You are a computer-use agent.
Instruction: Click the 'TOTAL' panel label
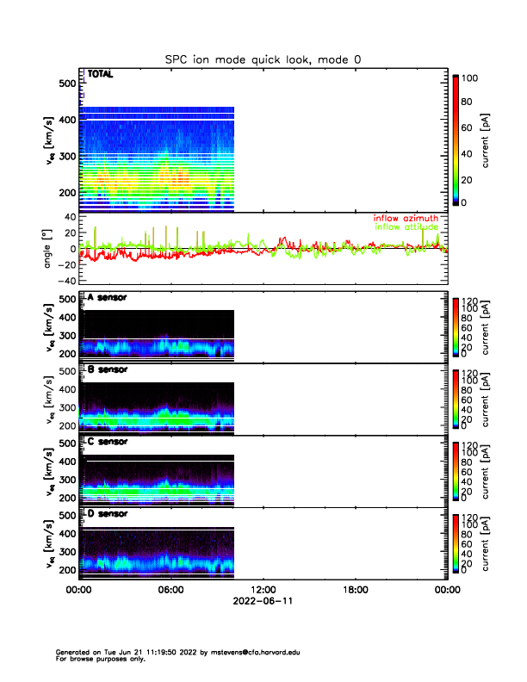point(101,76)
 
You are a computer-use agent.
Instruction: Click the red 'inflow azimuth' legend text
point(406,218)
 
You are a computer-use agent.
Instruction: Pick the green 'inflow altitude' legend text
point(406,227)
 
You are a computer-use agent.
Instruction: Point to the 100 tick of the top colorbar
point(470,78)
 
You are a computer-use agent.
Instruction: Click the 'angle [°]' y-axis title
point(48,249)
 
